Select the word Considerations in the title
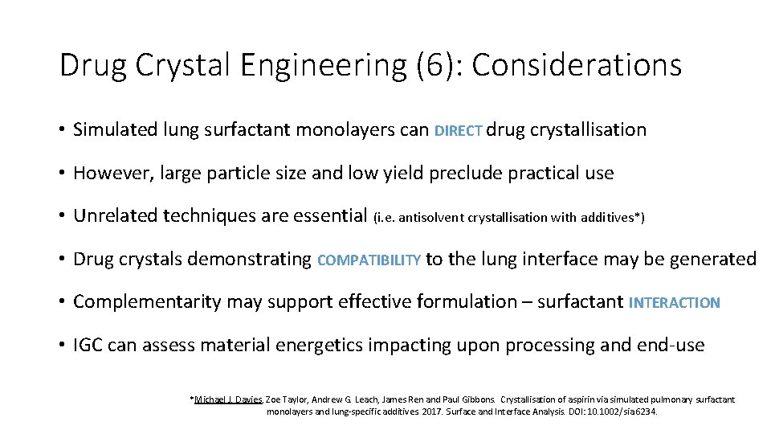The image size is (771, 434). coord(576,65)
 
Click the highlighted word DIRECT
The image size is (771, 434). coord(458,131)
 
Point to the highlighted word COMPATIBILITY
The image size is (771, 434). coord(369,260)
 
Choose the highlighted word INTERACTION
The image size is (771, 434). coord(675,303)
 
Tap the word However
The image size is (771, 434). coord(108,173)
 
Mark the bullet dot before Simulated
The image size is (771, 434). coord(62,130)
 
